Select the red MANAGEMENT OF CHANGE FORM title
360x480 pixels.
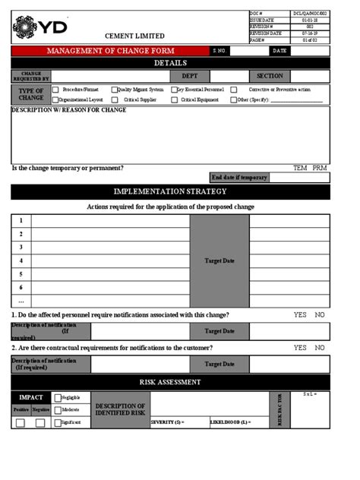coord(111,51)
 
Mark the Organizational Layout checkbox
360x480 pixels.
coord(55,99)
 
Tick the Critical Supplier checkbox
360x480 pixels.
coord(115,99)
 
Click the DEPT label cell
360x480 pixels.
coord(189,76)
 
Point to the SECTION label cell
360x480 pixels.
coord(270,76)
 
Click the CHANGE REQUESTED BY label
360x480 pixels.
coord(31,76)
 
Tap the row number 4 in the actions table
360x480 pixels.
coord(21,261)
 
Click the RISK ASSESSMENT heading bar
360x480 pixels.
coord(170,382)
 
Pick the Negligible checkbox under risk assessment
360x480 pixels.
coord(58,397)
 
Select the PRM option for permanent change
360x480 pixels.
coord(320,169)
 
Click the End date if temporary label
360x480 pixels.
coord(239,178)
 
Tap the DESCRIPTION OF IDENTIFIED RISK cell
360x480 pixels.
coord(120,410)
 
